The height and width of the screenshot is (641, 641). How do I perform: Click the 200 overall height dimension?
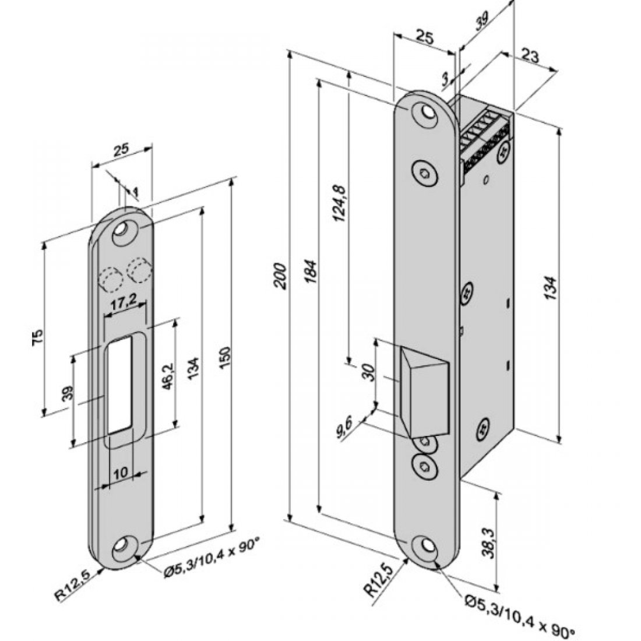280,274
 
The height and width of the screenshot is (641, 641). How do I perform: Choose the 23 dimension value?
530,56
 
